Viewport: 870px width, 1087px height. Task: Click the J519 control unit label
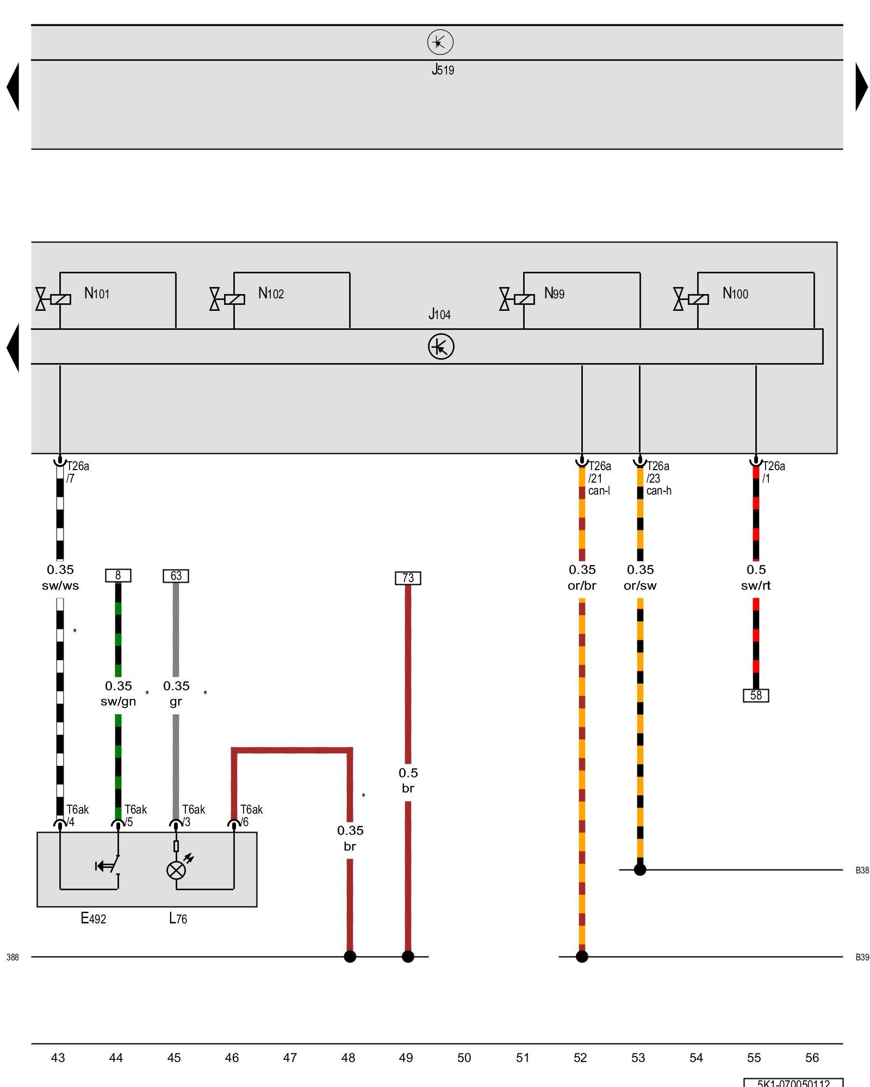pyautogui.click(x=443, y=70)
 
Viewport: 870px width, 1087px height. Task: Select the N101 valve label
pyautogui.click(x=97, y=293)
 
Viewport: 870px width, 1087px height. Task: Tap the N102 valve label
pyautogui.click(x=271, y=293)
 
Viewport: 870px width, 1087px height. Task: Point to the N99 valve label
pyautogui.click(x=554, y=293)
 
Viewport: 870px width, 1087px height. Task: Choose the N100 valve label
pyautogui.click(x=735, y=293)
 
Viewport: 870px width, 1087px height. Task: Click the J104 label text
pyautogui.click(x=439, y=314)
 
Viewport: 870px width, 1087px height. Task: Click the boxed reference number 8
pyautogui.click(x=118, y=575)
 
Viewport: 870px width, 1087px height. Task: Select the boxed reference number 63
pyautogui.click(x=176, y=576)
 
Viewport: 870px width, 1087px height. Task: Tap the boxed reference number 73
pyautogui.click(x=408, y=578)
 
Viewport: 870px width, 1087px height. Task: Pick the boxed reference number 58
pyautogui.click(x=756, y=695)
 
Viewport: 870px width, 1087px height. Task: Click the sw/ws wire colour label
pyautogui.click(x=60, y=586)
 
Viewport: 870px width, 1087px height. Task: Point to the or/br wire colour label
pyautogui.click(x=582, y=586)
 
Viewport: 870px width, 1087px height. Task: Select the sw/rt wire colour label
pyautogui.click(x=756, y=586)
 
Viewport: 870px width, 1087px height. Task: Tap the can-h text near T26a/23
pyautogui.click(x=658, y=491)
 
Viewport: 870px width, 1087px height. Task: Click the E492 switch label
pyautogui.click(x=94, y=919)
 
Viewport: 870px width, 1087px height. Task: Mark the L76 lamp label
pyautogui.click(x=178, y=919)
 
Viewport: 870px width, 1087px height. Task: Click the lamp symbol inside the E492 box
pyautogui.click(x=176, y=870)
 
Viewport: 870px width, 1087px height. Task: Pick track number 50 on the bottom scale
pyautogui.click(x=464, y=1058)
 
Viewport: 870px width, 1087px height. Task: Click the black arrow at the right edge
pyautogui.click(x=861, y=87)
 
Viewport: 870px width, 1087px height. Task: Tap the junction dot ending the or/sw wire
pyautogui.click(x=640, y=870)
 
